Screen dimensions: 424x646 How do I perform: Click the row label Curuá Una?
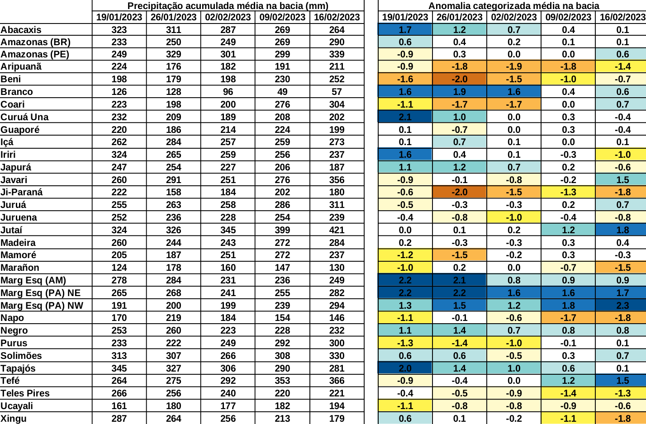pyautogui.click(x=24, y=117)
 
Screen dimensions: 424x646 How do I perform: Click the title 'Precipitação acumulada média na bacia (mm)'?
pyautogui.click(x=228, y=6)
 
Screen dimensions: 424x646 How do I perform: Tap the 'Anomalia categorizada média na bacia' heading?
pyautogui.click(x=513, y=6)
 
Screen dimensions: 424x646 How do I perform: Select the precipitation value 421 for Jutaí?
pyautogui.click(x=337, y=230)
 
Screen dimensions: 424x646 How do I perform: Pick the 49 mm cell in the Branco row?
pyautogui.click(x=282, y=92)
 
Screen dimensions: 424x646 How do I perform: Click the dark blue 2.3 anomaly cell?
pyautogui.click(x=622, y=306)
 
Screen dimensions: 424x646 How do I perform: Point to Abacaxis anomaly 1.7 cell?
pyautogui.click(x=405, y=30)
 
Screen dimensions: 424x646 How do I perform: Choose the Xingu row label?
pyautogui.click(x=14, y=419)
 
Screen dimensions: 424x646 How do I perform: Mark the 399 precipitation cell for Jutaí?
pyautogui.click(x=282, y=230)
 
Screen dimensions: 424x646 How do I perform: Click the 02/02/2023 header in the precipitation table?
pyautogui.click(x=228, y=17)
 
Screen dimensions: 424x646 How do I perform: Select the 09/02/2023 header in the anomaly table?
pyautogui.click(x=568, y=17)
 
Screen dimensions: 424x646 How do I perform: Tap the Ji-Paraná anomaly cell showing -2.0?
pyautogui.click(x=459, y=192)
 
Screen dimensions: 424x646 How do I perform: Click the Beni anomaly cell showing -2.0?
pyautogui.click(x=459, y=79)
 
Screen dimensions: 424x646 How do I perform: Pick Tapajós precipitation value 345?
pyautogui.click(x=119, y=368)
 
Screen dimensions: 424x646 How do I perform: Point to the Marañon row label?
pyautogui.click(x=20, y=268)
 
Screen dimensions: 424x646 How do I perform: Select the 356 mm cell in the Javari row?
pyautogui.click(x=337, y=180)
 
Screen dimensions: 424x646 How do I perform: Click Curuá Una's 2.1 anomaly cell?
pyautogui.click(x=405, y=117)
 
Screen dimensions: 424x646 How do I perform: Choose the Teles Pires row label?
pyautogui.click(x=25, y=393)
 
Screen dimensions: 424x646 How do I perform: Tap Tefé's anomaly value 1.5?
pyautogui.click(x=622, y=381)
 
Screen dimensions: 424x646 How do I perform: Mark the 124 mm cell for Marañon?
pyautogui.click(x=119, y=268)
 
